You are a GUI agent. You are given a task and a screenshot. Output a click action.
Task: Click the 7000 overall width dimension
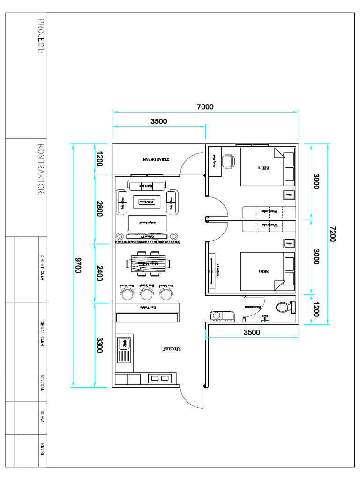click(x=205, y=107)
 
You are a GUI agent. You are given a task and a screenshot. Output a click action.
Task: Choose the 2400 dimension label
click(x=99, y=273)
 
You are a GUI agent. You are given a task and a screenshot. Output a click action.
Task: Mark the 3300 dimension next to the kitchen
click(x=99, y=345)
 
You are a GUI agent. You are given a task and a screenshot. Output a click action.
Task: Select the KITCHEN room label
click(x=172, y=349)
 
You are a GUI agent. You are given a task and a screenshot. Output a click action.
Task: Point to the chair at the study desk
click(x=228, y=161)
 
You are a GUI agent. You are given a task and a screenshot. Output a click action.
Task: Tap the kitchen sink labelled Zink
click(x=125, y=349)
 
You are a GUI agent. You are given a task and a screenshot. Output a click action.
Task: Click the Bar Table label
click(x=147, y=307)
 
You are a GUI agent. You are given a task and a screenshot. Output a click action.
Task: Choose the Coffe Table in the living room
click(x=144, y=202)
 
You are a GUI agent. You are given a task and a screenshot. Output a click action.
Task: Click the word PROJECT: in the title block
click(x=41, y=36)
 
